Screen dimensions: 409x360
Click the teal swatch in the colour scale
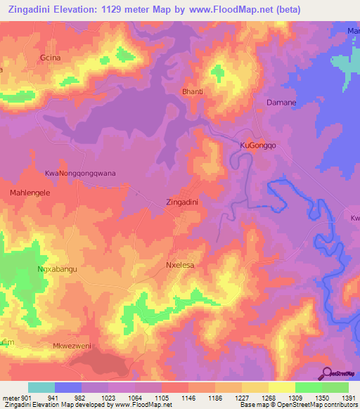coord(41,387)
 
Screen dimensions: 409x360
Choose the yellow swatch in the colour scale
coord(281,387)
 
